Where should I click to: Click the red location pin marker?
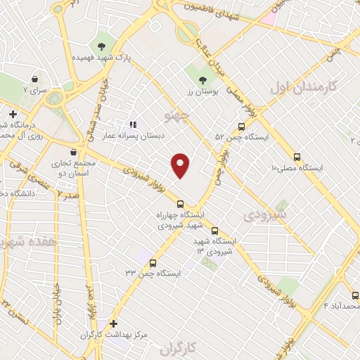click(x=181, y=165)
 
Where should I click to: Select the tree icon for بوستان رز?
click(x=202, y=79)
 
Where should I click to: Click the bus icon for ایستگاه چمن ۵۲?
click(x=241, y=127)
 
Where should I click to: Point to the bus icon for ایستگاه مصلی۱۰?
click(x=296, y=158)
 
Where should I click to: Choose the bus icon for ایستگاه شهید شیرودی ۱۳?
click(x=215, y=230)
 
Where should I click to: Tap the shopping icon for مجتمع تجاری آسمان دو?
click(x=74, y=152)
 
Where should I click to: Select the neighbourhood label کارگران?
click(x=176, y=348)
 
